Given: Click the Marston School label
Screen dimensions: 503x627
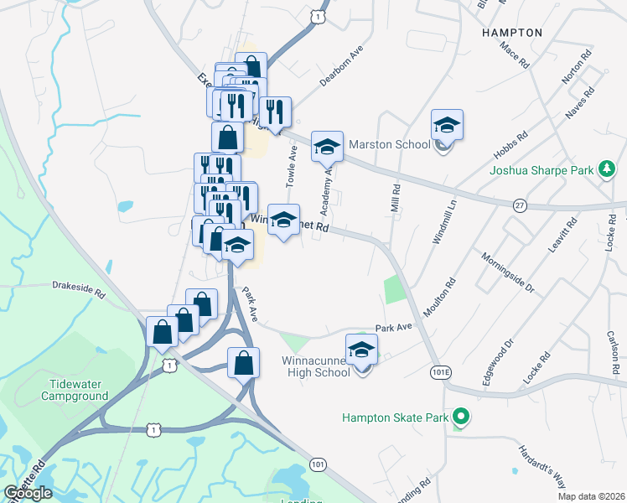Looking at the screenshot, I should [389, 144].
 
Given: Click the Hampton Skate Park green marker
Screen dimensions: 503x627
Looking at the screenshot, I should [459, 416].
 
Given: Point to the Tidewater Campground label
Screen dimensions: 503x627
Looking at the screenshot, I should [74, 389].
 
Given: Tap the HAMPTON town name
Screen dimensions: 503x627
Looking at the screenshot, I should [512, 32].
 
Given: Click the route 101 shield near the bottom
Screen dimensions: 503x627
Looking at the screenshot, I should [318, 464].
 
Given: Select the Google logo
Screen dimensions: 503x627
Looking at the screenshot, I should [28, 493].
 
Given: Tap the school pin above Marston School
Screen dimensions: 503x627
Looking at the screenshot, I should [447, 126].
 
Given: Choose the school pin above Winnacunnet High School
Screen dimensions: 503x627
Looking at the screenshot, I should [361, 349].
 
